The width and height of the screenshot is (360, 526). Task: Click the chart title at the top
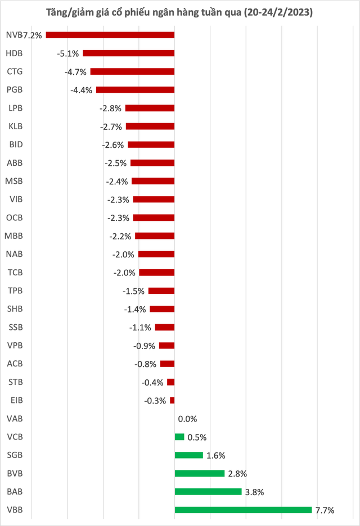point(179,12)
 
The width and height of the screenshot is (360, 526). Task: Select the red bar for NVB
point(110,35)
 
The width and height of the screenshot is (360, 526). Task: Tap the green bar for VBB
point(243,510)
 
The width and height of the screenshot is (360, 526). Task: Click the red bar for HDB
point(129,53)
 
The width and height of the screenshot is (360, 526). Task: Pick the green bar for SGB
point(189,455)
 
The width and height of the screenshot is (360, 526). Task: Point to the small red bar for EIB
point(172,400)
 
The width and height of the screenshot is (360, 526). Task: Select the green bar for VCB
point(179,437)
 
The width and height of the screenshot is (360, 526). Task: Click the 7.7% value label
point(325,510)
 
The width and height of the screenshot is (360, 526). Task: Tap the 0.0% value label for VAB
point(187,419)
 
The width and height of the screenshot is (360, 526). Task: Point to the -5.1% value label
point(68,54)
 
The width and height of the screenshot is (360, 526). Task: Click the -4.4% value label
point(81,90)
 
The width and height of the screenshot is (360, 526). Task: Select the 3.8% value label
point(255,492)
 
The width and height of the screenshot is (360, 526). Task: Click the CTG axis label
point(15,71)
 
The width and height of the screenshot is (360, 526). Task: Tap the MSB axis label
point(14,181)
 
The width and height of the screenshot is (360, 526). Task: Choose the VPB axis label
point(15,345)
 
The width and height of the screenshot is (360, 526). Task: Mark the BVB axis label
point(15,473)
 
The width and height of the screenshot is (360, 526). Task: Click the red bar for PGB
point(136,89)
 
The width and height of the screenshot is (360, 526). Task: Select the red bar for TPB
point(161,291)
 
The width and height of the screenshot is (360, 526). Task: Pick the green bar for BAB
point(208,492)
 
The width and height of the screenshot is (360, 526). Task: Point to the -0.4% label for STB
point(152,383)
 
